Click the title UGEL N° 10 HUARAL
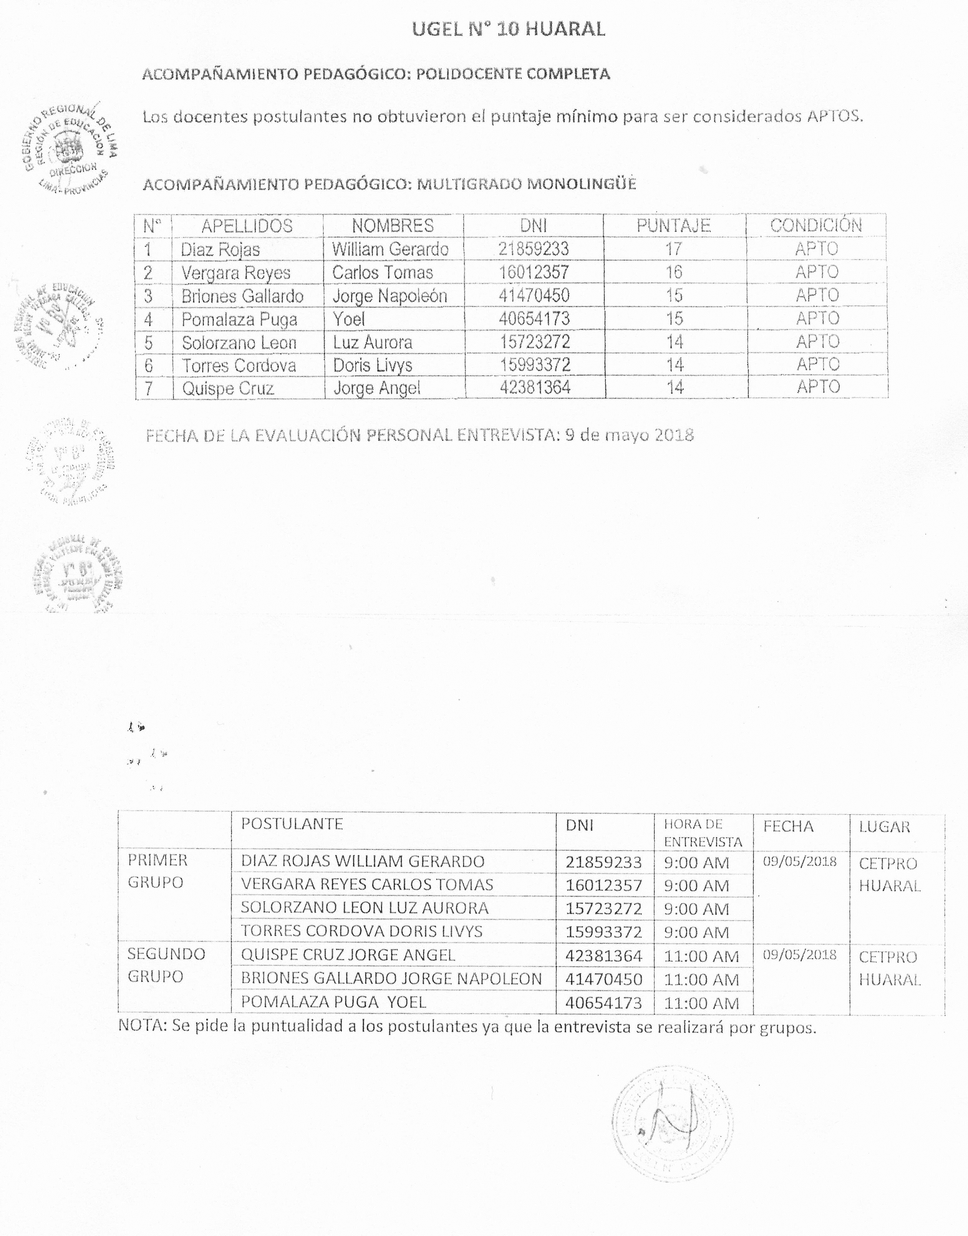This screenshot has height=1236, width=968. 508,28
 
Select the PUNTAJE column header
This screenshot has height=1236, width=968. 673,226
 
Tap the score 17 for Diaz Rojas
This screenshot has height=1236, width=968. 673,249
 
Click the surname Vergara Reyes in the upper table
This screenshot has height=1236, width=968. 236,273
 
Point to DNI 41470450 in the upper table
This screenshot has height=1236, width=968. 534,295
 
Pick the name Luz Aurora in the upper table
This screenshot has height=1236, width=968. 372,342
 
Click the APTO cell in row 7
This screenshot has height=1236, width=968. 817,387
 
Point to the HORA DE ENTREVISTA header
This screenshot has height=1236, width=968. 703,832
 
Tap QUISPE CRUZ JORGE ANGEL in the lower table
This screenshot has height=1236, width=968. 348,955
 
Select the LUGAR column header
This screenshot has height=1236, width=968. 884,827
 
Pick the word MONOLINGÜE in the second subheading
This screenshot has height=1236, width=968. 582,184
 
